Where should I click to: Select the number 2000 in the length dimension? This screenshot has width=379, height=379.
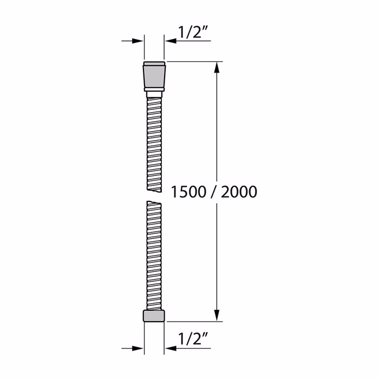coord(236,192)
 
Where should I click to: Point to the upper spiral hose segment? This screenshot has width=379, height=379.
coord(154,143)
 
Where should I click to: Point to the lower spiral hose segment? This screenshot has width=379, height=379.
coord(154,254)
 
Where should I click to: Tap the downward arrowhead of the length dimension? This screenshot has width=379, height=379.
coord(218,316)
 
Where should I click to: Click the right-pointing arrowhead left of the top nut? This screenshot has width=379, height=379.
coord(139,41)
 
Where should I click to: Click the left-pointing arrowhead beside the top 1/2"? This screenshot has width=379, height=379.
coord(169,41)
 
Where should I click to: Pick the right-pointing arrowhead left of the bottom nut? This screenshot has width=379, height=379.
coord(139,348)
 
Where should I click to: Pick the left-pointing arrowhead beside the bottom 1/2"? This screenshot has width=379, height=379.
coord(169,348)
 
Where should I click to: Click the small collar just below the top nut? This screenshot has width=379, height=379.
coord(154,94)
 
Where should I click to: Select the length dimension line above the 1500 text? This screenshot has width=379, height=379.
coord(218,125)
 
